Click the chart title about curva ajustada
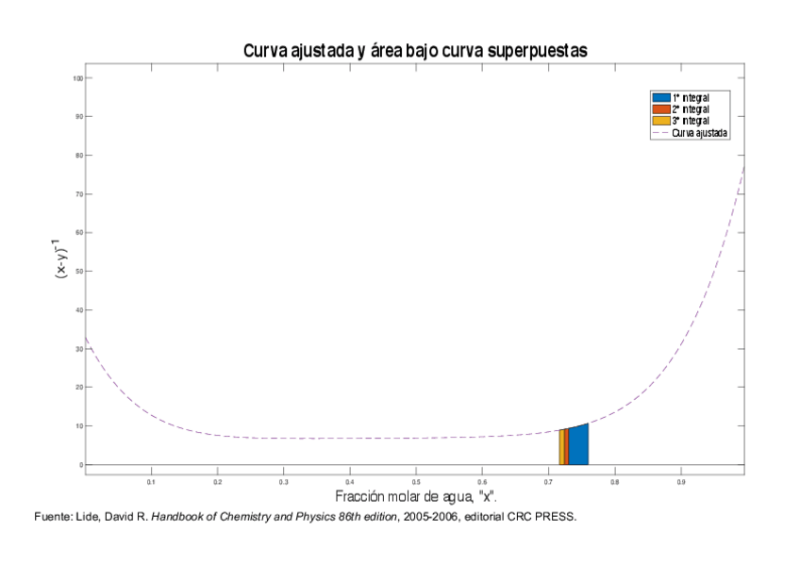coord(415,51)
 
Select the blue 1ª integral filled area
coord(578,445)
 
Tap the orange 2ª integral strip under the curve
coord(566,447)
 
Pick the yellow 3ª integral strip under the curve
coord(561,448)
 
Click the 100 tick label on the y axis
coord(76,78)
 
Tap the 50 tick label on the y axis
coord(78,272)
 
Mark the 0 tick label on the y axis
coord(80,465)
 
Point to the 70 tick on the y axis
coord(78,194)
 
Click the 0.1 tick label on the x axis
coord(151,481)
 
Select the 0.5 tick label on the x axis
coord(415,481)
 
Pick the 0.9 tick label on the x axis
coord(679,481)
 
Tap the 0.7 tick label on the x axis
coord(547,481)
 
